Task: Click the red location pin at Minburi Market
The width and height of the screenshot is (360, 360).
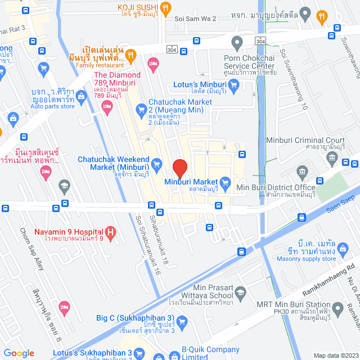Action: (x=179, y=168)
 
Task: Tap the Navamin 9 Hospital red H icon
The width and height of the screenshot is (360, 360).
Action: (x=111, y=232)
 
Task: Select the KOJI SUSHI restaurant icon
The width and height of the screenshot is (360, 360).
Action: (x=165, y=7)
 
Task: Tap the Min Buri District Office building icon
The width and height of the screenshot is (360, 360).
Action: (x=302, y=171)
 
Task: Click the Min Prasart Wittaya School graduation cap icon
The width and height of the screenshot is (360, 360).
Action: (x=241, y=292)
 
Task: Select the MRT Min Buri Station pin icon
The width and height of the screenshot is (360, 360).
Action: (x=337, y=308)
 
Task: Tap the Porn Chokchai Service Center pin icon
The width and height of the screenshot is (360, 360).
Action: (x=237, y=42)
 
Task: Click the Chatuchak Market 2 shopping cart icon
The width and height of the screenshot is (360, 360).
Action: (x=140, y=107)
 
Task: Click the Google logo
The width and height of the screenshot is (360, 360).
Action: (x=19, y=353)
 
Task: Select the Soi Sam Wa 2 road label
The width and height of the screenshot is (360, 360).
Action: (x=196, y=19)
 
